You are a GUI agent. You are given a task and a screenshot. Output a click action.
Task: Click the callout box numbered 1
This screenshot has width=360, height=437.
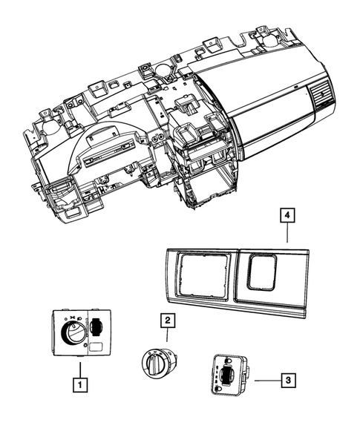(x=78, y=385)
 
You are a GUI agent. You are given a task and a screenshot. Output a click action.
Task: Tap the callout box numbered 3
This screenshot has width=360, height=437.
(x=288, y=381)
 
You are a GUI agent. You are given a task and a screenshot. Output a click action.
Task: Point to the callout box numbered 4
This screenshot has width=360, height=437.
(x=286, y=216)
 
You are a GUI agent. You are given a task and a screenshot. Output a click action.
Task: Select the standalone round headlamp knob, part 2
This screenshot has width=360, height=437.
(x=160, y=364)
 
